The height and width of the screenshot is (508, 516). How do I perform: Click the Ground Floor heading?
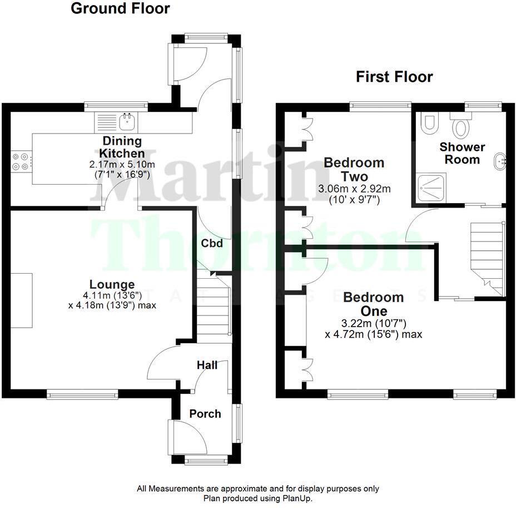pyautogui.click(x=120, y=9)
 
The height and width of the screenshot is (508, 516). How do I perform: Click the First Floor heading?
pyautogui.click(x=394, y=77)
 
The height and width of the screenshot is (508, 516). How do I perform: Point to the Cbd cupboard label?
pyautogui.click(x=212, y=243)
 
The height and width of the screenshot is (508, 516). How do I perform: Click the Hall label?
pyautogui.click(x=207, y=365)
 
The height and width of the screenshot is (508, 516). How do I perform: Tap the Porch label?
pyautogui.click(x=205, y=414)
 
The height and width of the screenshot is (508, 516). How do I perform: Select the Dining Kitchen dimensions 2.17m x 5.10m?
pyautogui.click(x=121, y=165)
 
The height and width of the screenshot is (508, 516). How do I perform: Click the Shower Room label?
pyautogui.click(x=462, y=153)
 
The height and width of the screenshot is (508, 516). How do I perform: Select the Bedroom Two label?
pyautogui.click(x=354, y=169)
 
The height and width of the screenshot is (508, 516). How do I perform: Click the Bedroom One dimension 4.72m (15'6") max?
pyautogui.click(x=373, y=334)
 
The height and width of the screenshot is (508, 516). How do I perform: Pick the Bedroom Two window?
pyautogui.click(x=380, y=105)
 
